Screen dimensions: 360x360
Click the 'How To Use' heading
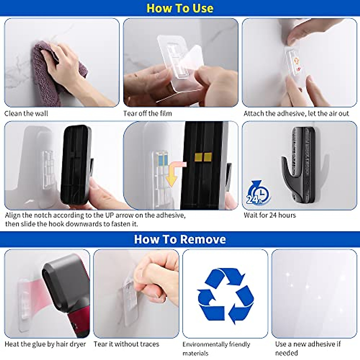tap(180, 8)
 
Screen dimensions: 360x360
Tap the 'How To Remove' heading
tap(180, 239)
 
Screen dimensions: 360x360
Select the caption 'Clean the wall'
tap(26, 113)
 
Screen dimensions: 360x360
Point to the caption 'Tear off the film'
tap(147, 113)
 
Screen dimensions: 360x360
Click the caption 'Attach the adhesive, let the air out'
tap(296, 113)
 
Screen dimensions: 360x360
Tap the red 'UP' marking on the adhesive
tap(298, 69)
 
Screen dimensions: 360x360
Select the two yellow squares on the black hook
tap(203, 157)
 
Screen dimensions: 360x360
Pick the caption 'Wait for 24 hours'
tap(269, 215)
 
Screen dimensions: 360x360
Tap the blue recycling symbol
tap(225, 295)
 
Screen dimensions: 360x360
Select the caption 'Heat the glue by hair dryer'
tap(45, 344)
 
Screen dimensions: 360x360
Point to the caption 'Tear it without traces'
tap(126, 344)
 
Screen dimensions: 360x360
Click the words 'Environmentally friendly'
tap(216, 344)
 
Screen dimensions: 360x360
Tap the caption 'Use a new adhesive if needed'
tap(308, 348)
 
